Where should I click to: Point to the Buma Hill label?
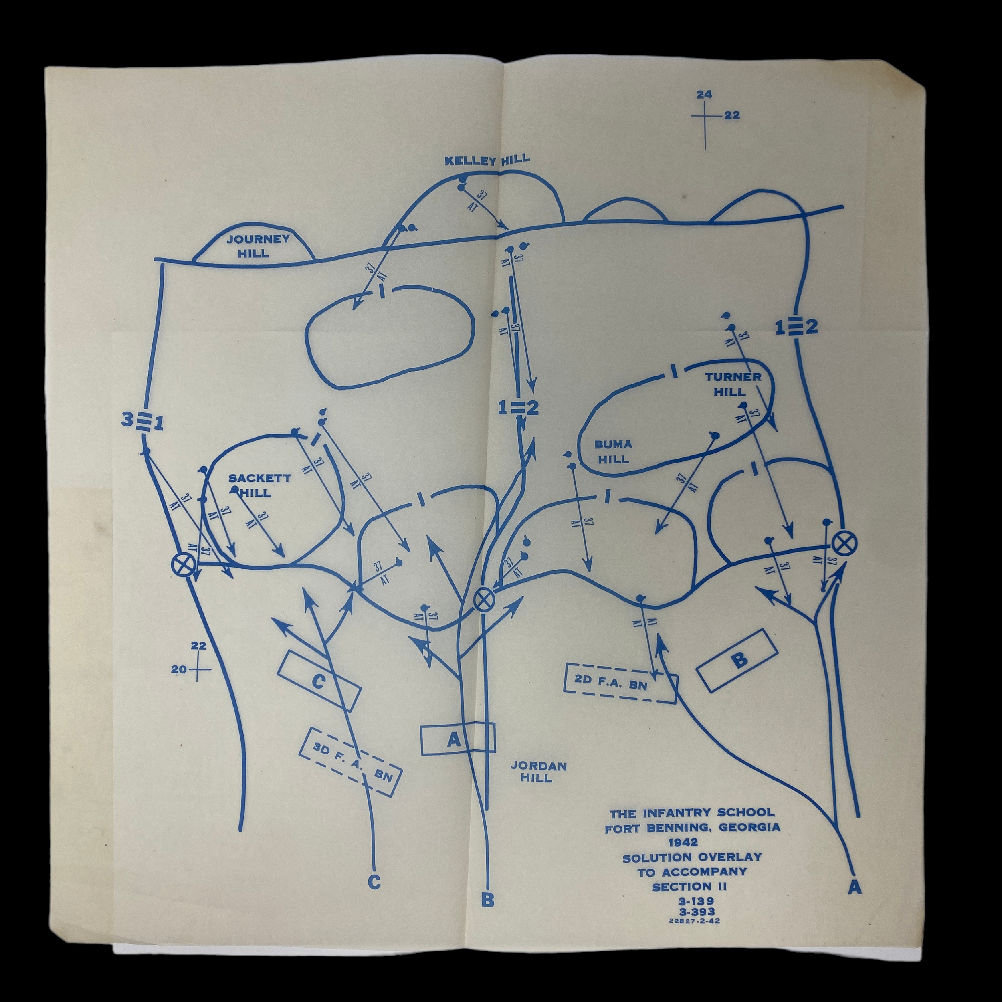click(x=614, y=451)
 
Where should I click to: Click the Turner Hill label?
click(x=732, y=384)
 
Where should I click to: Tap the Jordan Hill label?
click(x=538, y=772)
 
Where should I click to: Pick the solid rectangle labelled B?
click(x=737, y=660)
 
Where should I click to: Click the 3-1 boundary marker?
click(x=143, y=422)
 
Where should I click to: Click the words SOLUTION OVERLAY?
click(x=692, y=857)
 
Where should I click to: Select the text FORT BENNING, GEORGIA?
click(x=692, y=828)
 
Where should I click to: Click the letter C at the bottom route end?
click(x=374, y=882)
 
